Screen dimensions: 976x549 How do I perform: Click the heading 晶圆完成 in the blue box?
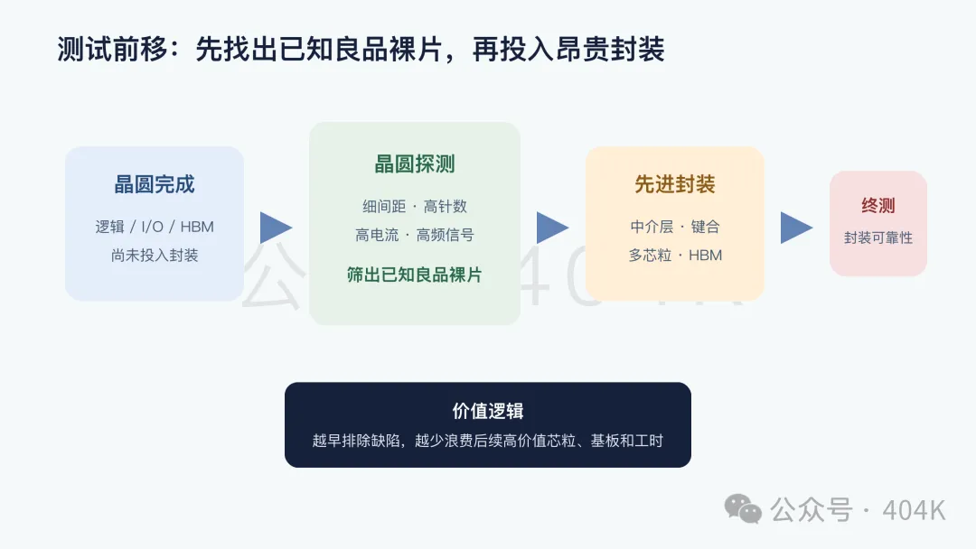tap(155, 184)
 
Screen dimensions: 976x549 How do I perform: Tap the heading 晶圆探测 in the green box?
tap(415, 164)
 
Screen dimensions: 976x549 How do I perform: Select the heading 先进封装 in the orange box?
tap(675, 184)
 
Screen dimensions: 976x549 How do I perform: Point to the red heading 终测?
tap(878, 205)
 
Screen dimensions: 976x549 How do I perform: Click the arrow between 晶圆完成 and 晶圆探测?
tap(275, 228)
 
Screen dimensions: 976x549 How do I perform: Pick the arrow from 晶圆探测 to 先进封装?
tap(552, 228)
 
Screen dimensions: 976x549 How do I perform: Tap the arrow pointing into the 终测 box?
tap(796, 228)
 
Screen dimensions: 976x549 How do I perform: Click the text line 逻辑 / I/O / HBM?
tap(155, 227)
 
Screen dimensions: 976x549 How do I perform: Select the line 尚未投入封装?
tap(155, 256)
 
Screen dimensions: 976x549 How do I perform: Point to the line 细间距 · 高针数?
tap(415, 207)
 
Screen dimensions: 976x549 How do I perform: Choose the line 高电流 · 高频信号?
tap(415, 235)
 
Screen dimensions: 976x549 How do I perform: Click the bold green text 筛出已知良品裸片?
tap(415, 274)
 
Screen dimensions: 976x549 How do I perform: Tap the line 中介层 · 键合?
tap(675, 227)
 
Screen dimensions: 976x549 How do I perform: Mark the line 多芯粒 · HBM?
tap(675, 256)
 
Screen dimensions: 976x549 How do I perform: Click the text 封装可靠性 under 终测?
tap(878, 237)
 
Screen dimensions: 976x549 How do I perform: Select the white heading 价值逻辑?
tap(488, 411)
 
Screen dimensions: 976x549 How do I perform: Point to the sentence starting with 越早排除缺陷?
tap(488, 441)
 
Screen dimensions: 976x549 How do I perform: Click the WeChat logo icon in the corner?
tap(743, 509)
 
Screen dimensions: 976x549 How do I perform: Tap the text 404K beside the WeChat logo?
tap(914, 510)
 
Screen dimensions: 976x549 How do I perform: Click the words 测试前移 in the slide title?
tap(112, 49)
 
